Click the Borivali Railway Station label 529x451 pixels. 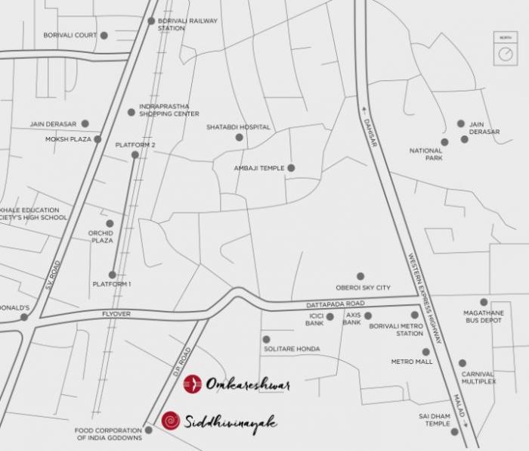point(187,24)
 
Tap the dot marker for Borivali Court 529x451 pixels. point(104,36)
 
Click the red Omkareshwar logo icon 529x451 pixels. point(192,384)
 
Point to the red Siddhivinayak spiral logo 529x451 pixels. point(171,421)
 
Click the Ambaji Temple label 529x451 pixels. point(258,168)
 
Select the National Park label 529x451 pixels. point(425,155)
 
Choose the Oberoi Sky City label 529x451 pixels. point(363,288)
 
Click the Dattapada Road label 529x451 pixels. point(336,304)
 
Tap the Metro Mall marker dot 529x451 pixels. point(426,351)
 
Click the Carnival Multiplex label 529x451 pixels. point(478,378)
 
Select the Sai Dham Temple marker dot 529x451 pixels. point(455,432)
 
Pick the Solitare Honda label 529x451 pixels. point(292,349)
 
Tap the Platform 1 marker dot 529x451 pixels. point(113,275)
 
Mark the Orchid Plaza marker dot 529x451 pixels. point(110,224)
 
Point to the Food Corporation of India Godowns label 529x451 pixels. point(109,434)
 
